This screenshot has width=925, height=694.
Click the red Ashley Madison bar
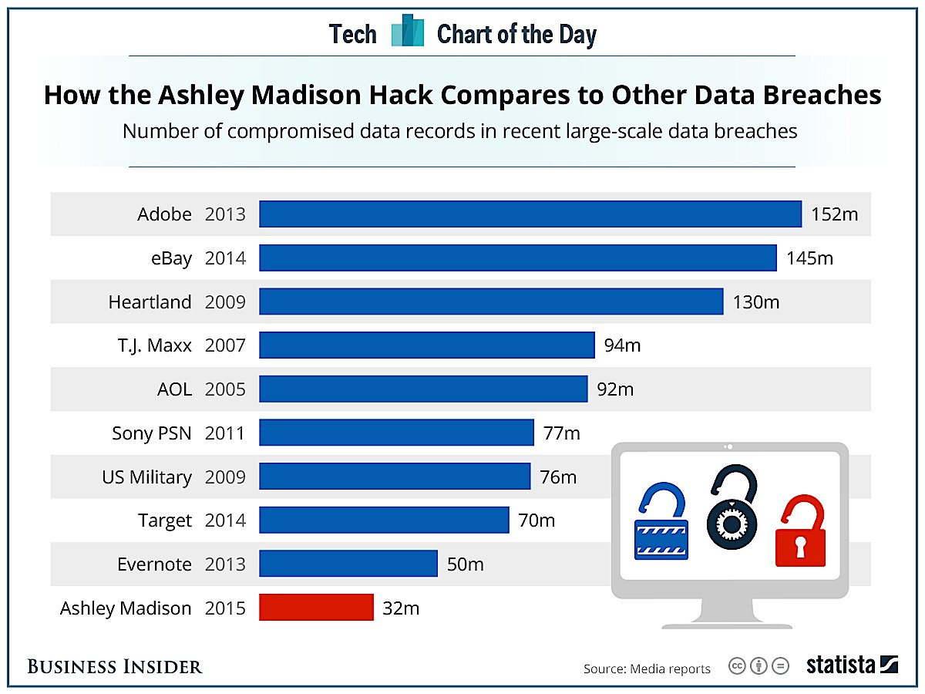[x=316, y=608]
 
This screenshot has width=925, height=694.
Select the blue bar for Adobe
[x=530, y=214]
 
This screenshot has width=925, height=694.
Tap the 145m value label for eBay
[x=809, y=258]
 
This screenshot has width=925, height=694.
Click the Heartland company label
[x=150, y=302]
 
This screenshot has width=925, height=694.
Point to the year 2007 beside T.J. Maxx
[x=225, y=345]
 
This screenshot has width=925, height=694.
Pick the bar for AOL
[x=423, y=389]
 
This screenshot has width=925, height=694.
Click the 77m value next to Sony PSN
[x=561, y=433]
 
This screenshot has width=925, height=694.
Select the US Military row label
[x=146, y=477]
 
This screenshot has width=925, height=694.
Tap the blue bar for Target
[x=384, y=520]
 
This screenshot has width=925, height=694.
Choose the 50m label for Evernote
[x=465, y=564]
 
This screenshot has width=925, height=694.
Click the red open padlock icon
[x=800, y=531]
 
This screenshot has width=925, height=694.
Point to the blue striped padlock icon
[x=661, y=524]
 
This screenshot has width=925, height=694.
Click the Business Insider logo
[x=115, y=666]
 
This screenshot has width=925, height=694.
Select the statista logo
[x=853, y=665]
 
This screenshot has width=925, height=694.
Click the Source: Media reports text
[x=647, y=669]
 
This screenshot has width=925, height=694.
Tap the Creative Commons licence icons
[x=758, y=667]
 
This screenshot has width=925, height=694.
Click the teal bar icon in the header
[x=407, y=31]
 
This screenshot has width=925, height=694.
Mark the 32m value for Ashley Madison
[x=401, y=608]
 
